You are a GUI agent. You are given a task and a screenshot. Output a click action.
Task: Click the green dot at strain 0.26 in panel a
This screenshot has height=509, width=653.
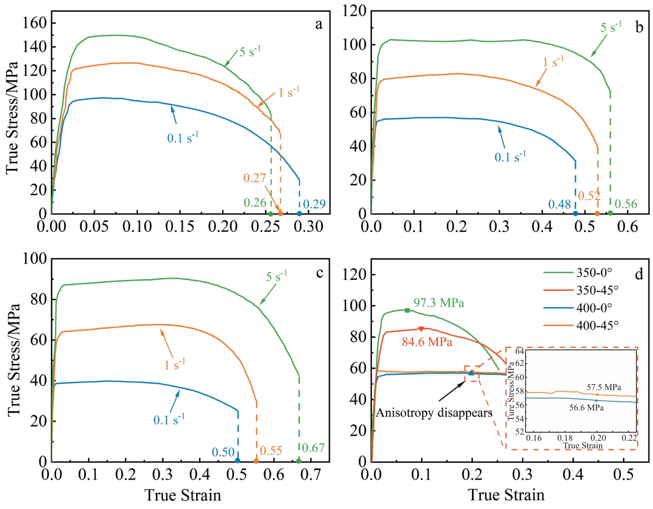point(271,214)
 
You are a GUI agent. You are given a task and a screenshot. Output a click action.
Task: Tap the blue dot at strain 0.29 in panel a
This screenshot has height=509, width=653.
point(299,214)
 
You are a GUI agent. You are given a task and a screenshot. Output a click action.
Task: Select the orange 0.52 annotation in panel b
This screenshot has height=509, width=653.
point(589,196)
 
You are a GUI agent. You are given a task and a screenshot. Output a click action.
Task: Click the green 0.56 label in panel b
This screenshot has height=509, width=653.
point(626,204)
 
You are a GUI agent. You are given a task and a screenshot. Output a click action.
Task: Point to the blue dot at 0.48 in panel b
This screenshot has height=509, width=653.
point(575,214)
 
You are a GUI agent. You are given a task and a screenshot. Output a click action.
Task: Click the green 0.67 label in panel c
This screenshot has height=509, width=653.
point(313,448)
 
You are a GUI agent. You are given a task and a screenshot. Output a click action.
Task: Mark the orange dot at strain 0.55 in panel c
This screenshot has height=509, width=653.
point(256,461)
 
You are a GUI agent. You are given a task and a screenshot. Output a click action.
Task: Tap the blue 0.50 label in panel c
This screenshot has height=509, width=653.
point(223,452)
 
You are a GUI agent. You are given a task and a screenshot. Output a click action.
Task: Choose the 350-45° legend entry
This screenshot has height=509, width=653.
point(597,290)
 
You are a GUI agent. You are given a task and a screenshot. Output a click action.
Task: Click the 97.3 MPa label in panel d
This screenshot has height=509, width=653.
point(438,303)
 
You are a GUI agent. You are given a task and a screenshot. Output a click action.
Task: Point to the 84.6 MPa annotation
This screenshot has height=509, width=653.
point(426,342)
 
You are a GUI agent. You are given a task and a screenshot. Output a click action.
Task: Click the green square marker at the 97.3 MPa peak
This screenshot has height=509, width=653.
point(407,310)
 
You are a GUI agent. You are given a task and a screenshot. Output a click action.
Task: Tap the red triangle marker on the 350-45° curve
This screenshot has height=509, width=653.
point(421,329)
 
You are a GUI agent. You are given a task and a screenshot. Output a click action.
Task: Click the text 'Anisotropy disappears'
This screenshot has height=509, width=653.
point(434,413)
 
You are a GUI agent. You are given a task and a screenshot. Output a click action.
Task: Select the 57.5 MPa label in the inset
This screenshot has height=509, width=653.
point(603,387)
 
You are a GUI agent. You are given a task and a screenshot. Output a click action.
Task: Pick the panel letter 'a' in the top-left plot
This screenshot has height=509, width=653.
point(318,24)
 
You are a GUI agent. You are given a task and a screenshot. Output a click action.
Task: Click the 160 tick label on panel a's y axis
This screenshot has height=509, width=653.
point(35,23)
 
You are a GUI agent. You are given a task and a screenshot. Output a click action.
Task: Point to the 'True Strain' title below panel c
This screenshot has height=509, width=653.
point(182,495)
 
